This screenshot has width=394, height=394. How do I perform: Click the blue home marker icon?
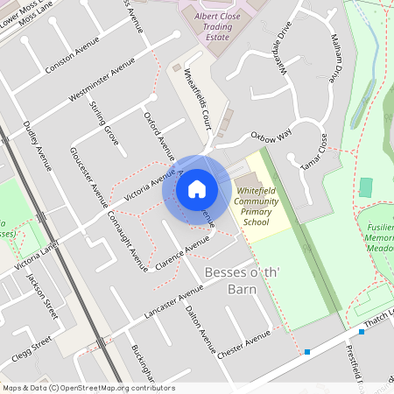click(197, 188)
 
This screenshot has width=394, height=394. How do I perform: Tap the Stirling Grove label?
click(104, 123)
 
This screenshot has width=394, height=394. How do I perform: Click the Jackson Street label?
click(42, 295)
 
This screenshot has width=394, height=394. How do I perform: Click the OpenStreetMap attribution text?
click(88, 388)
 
